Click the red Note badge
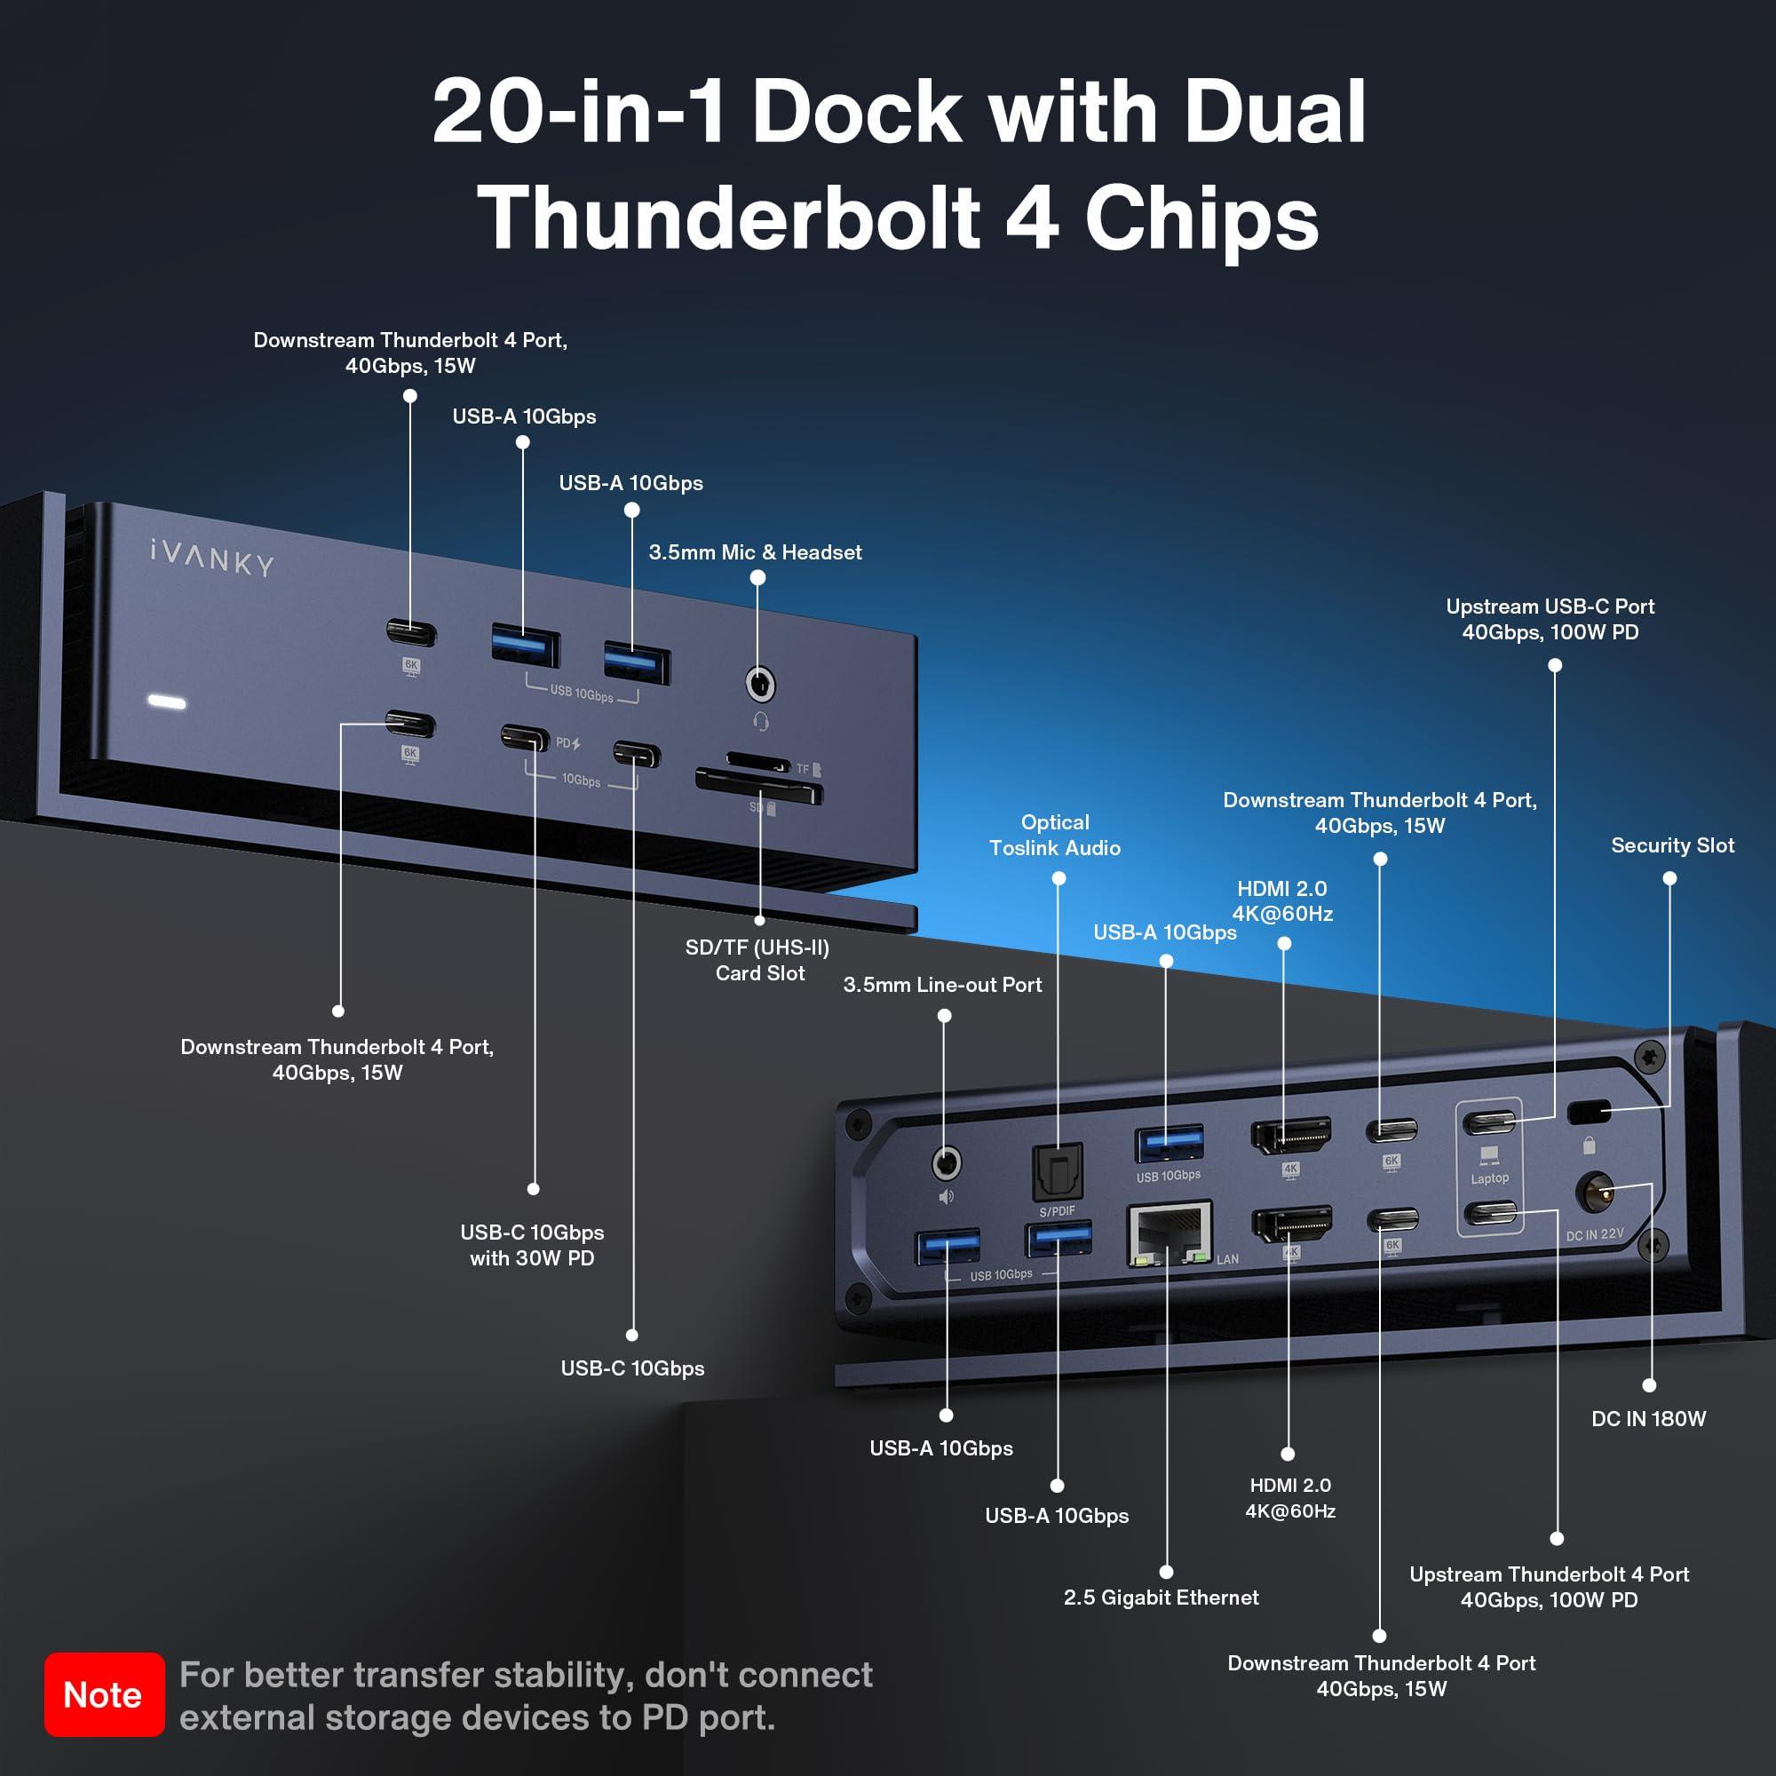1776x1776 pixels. tap(104, 1694)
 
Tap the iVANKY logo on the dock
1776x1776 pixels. tap(211, 558)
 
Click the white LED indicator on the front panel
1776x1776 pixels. tap(167, 702)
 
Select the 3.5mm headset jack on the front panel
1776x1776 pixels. tap(758, 684)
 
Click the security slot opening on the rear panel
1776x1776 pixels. tap(1589, 1114)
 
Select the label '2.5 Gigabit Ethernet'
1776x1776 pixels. tap(1160, 1597)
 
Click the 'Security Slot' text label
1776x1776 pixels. tap(1671, 844)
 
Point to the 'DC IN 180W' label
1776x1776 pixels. tap(1647, 1418)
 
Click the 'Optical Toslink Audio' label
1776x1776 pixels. tap(1054, 835)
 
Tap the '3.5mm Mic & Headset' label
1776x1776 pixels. tap(755, 551)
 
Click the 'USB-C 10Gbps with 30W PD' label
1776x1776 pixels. tap(531, 1245)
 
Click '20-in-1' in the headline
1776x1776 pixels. tap(579, 112)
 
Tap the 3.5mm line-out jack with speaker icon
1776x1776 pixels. tap(946, 1164)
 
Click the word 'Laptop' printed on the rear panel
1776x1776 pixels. tap(1489, 1178)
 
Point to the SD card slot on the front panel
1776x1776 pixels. tap(757, 789)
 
